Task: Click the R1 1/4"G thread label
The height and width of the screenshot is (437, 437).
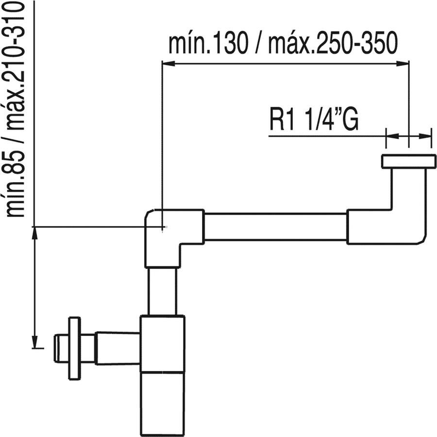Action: coord(314,120)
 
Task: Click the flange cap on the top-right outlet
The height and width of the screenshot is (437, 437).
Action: coord(408,161)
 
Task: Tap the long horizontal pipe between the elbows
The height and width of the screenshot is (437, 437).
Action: coord(275,227)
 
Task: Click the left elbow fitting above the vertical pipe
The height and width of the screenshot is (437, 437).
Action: coord(168,233)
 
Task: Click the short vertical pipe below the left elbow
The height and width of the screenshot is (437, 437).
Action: coord(162,291)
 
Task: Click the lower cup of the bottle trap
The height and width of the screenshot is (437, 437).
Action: coord(162,403)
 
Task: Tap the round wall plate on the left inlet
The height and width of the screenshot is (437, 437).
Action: coord(74,348)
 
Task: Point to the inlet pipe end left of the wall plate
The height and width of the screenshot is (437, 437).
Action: coord(60,348)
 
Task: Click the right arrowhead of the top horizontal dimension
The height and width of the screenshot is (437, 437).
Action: coord(402,63)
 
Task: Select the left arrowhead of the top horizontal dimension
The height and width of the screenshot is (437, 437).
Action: coord(167,63)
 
